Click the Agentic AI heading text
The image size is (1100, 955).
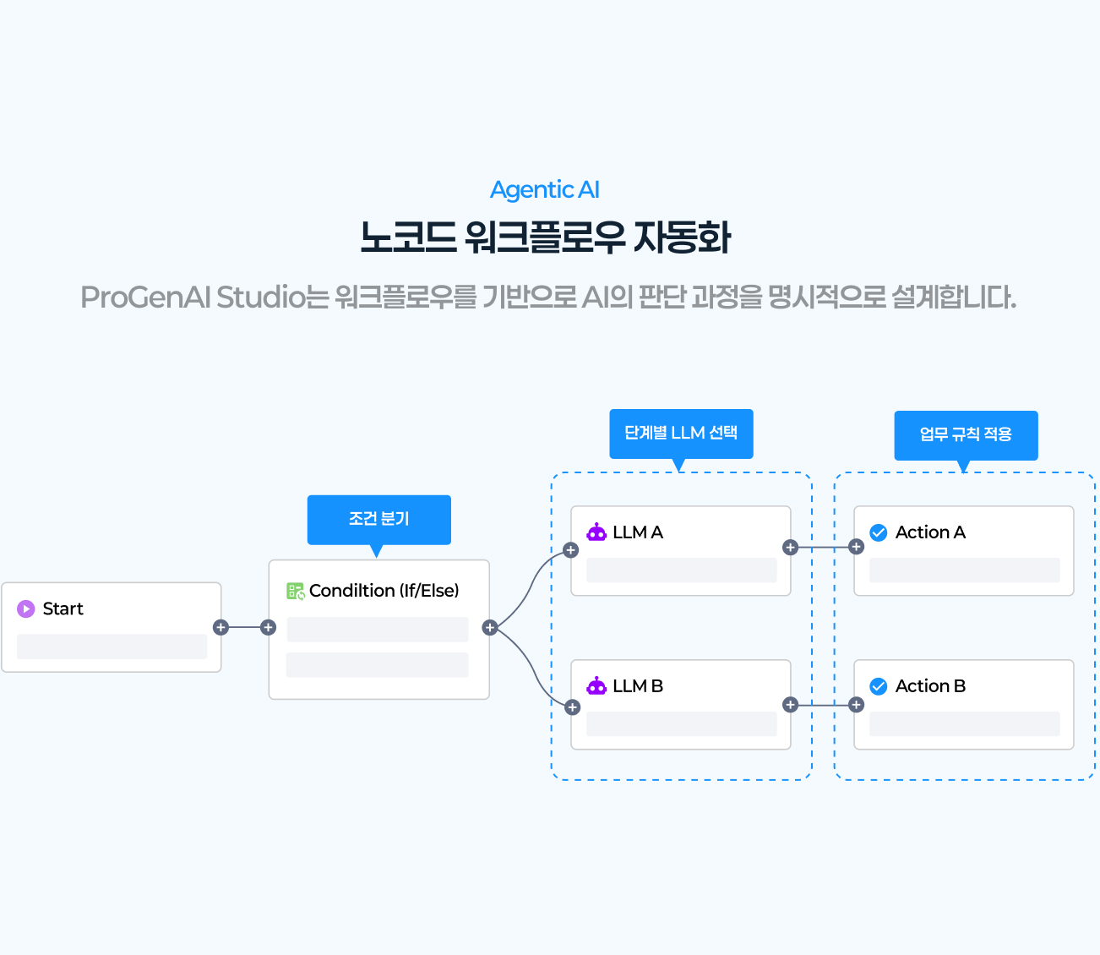[545, 190]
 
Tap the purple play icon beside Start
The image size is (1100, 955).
[26, 608]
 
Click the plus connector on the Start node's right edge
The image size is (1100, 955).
[221, 627]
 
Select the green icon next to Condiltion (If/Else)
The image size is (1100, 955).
[296, 591]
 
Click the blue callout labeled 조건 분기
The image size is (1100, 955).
[378, 519]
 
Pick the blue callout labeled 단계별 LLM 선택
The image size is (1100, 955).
[681, 434]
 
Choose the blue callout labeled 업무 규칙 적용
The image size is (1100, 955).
[966, 434]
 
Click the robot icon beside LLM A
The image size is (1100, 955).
[596, 532]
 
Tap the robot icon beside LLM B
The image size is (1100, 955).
[596, 686]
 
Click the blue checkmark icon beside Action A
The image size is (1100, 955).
[879, 532]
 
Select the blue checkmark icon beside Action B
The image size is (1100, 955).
[879, 686]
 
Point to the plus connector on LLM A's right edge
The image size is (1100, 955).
[790, 548]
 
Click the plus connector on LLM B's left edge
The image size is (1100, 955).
[572, 707]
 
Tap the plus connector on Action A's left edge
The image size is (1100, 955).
[856, 548]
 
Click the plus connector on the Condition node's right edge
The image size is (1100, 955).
[489, 627]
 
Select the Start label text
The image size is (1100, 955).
[63, 608]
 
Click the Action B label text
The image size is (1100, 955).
[930, 686]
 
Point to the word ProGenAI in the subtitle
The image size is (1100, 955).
[145, 297]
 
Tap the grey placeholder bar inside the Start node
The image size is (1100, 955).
[112, 647]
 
